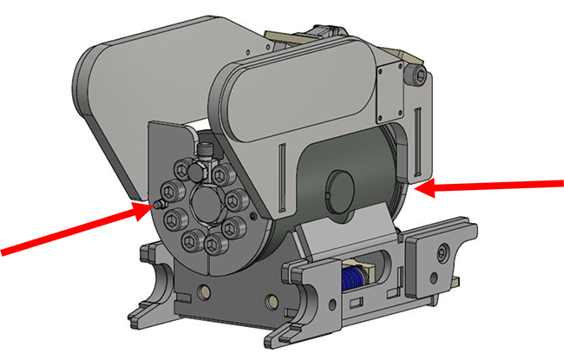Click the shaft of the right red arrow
point(495,184)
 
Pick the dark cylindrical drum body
point(356,173)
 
